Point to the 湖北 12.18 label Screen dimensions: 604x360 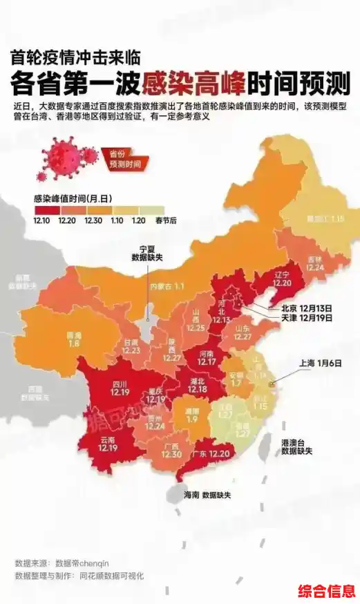198,384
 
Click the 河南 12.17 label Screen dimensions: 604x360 207,357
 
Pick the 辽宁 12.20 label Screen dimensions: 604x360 282,279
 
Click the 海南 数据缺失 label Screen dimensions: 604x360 207,496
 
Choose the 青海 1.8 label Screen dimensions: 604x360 74,338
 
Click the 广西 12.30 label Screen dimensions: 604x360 172,449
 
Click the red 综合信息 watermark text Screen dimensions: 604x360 326,592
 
